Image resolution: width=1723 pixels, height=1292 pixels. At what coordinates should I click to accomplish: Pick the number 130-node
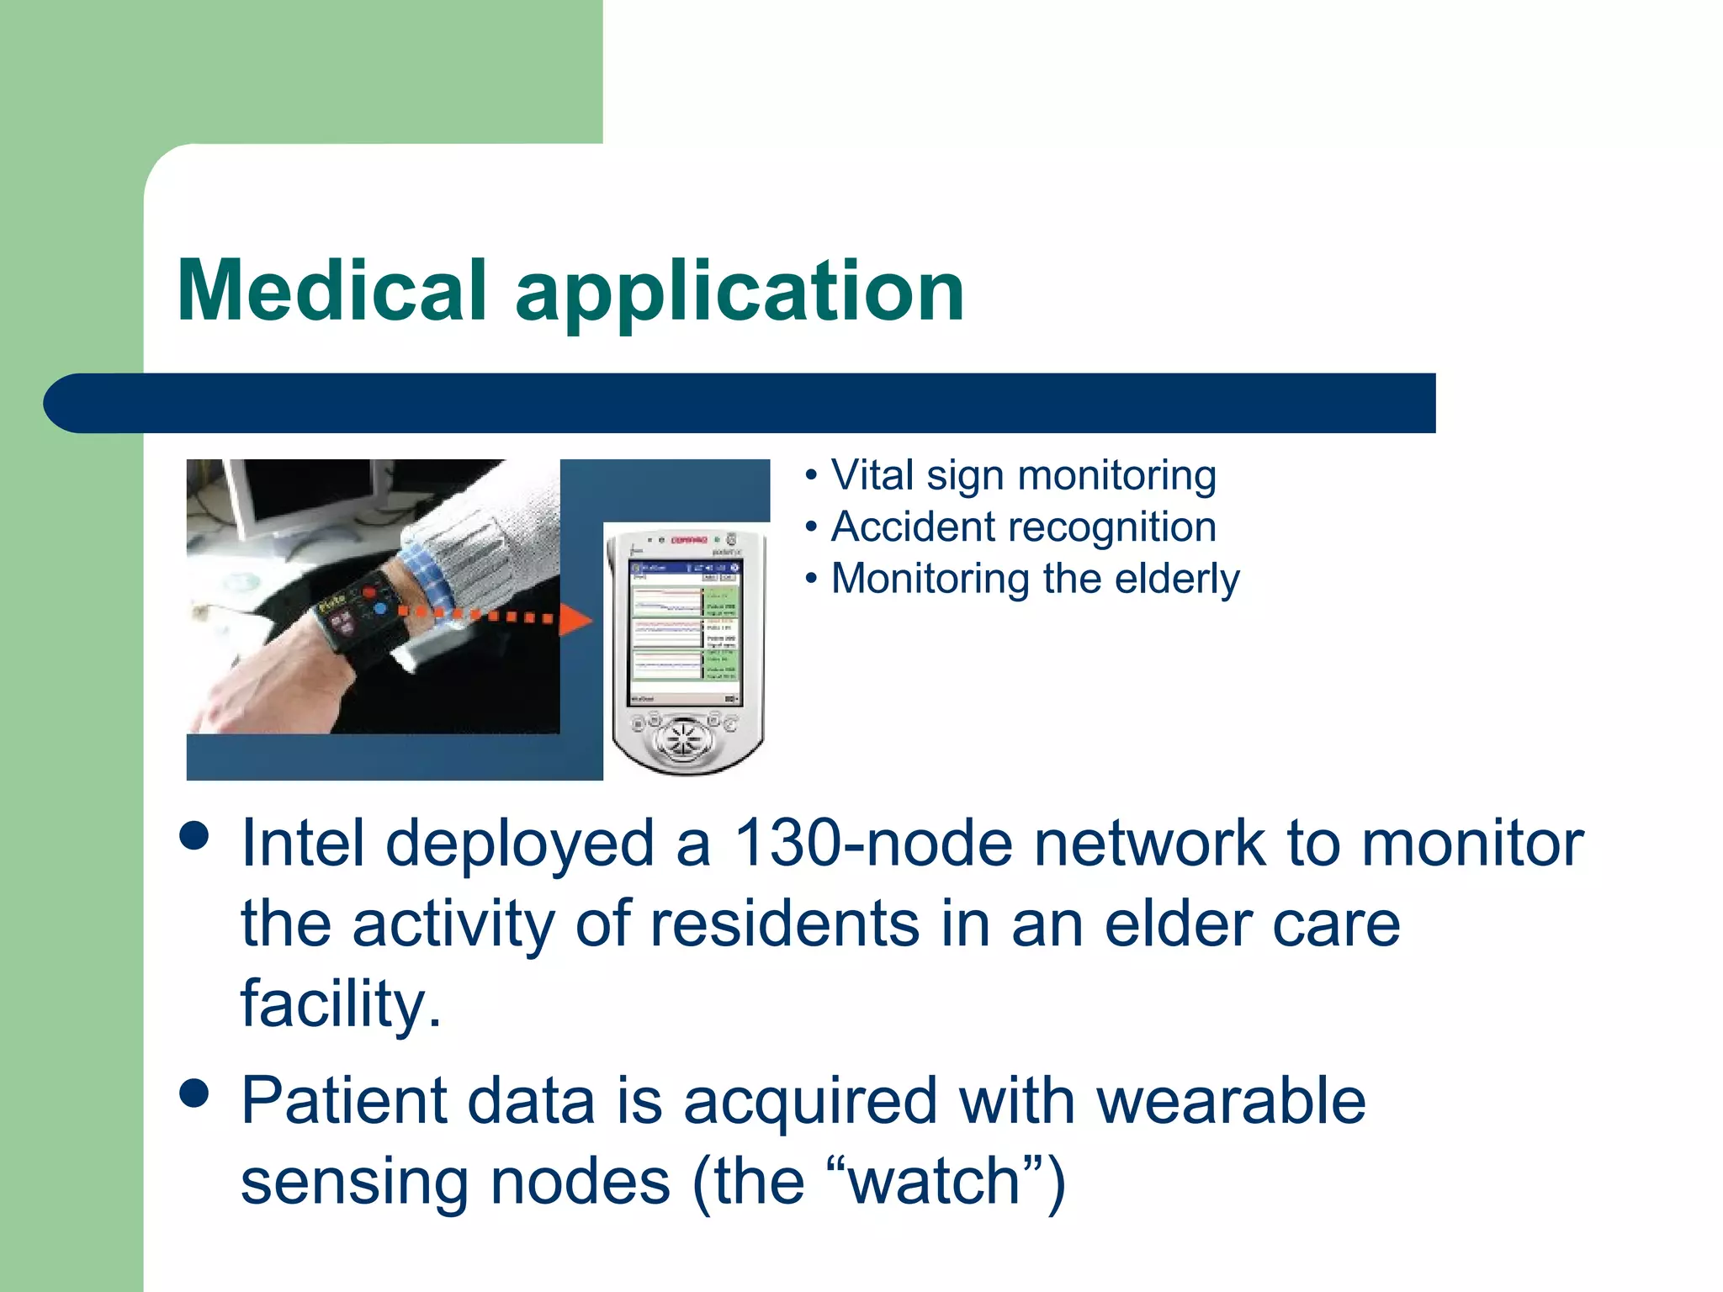872,843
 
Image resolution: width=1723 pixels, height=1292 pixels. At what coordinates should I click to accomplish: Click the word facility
340,1003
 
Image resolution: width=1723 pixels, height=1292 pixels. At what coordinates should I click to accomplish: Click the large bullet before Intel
194,837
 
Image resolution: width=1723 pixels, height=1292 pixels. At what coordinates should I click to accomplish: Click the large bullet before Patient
194,1094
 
